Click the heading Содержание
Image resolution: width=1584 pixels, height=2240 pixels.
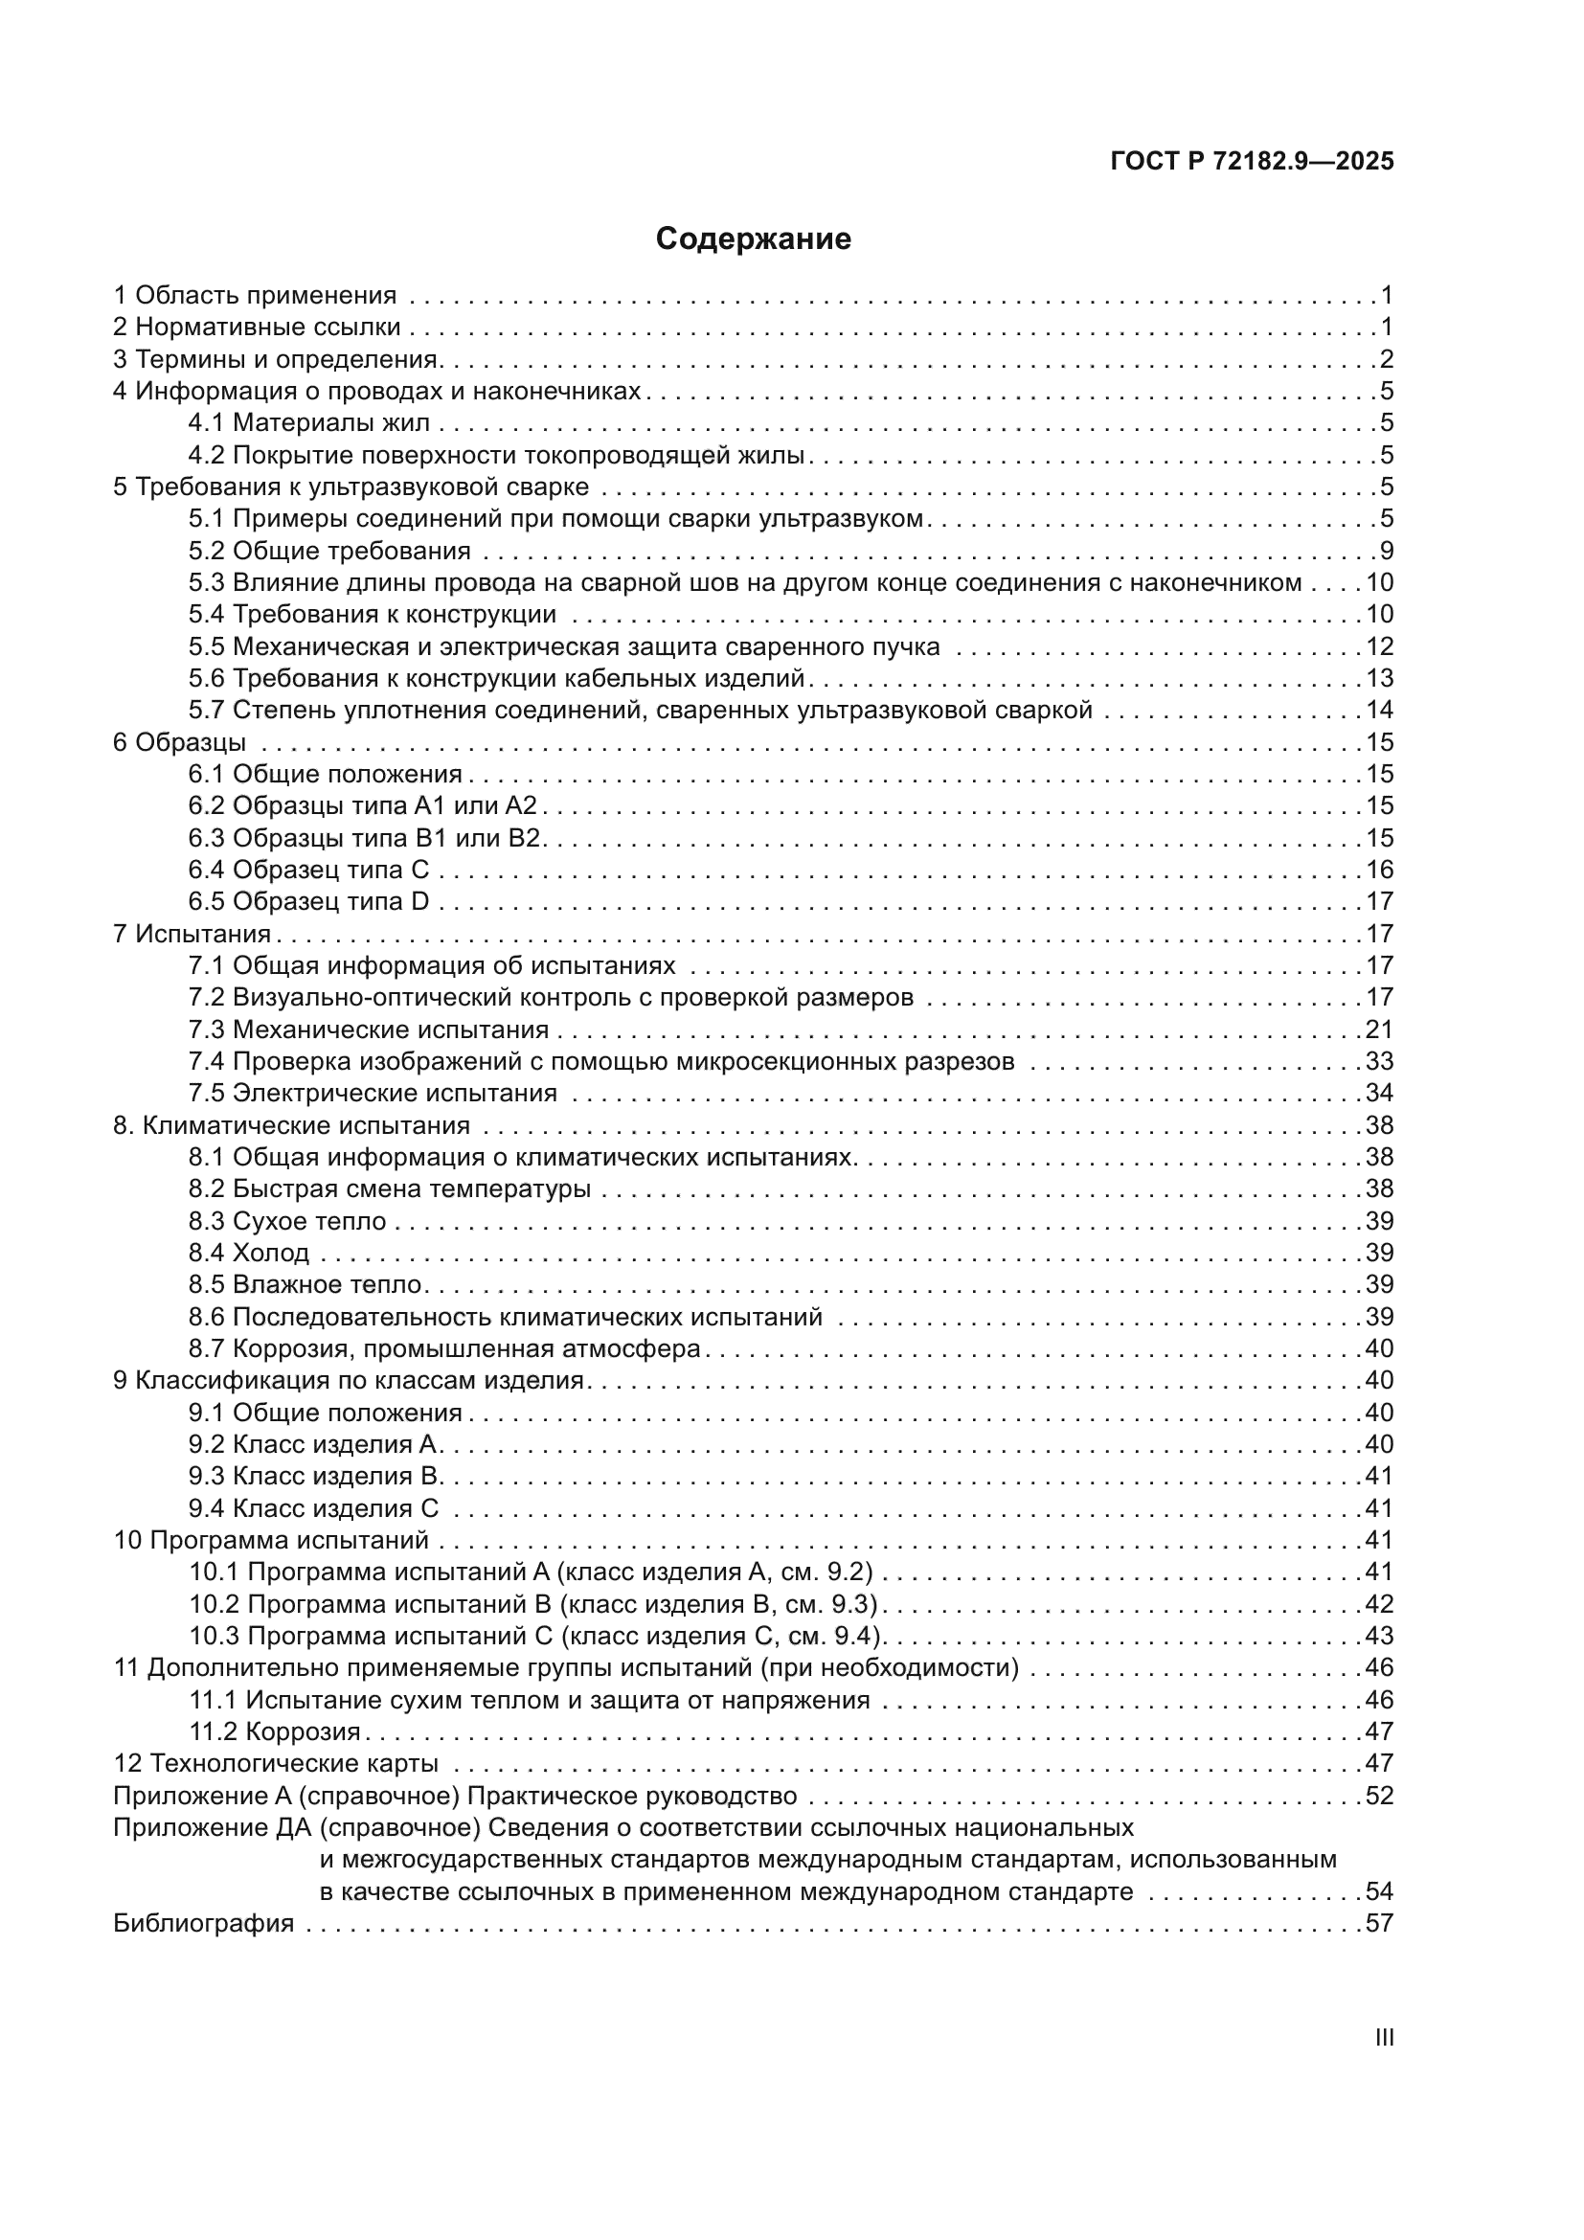click(753, 239)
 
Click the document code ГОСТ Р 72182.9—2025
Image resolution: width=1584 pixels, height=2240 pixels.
click(1252, 162)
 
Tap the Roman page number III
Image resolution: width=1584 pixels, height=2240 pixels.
click(1383, 2037)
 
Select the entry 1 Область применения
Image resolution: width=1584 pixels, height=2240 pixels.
click(255, 296)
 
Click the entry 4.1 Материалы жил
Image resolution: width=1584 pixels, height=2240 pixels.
click(308, 423)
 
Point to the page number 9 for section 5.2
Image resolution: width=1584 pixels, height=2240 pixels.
click(1386, 552)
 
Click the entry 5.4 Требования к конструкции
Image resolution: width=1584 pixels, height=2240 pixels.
click(372, 615)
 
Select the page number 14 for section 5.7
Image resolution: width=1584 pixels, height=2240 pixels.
click(1379, 711)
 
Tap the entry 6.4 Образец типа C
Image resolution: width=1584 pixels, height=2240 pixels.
click(308, 871)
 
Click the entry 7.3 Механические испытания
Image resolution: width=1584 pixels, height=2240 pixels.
click(368, 1030)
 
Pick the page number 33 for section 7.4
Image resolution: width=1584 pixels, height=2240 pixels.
click(1379, 1061)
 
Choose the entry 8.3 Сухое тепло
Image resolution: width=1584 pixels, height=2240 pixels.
click(286, 1221)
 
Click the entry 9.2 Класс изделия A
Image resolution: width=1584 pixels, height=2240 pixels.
click(314, 1445)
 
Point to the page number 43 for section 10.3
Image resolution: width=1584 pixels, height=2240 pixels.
click(1379, 1636)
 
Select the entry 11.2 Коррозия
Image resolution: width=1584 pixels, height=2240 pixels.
click(274, 1731)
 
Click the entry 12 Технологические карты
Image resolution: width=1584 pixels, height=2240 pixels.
click(275, 1764)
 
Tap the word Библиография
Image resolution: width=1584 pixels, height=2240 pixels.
click(203, 1924)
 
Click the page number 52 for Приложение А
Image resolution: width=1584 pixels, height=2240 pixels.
click(1379, 1796)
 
